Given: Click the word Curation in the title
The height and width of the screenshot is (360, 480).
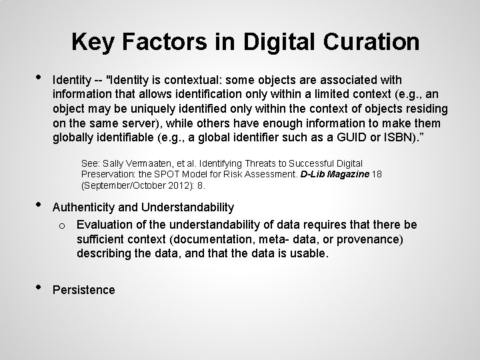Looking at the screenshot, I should pyautogui.click(x=369, y=42).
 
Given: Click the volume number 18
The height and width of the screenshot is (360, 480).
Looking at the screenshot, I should pyautogui.click(x=376, y=174).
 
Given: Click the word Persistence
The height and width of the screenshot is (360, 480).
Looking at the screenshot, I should pyautogui.click(x=84, y=290).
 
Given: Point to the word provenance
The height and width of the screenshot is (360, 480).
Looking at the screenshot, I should pyautogui.click(x=364, y=239).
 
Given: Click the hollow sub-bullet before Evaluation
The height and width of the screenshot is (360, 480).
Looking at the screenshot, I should pyautogui.click(x=60, y=225).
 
